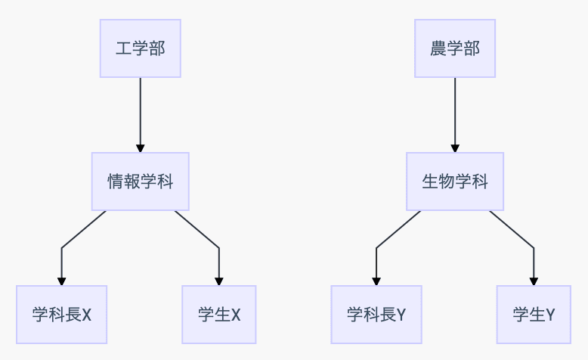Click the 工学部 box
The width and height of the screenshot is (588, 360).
point(141,48)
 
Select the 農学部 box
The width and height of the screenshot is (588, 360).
point(455,48)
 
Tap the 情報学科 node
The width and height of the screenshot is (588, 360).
point(141,182)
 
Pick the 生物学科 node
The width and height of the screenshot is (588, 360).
point(455,182)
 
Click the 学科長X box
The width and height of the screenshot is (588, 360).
point(61,315)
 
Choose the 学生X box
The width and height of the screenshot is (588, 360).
point(219,315)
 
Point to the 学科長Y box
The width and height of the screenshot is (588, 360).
point(376,315)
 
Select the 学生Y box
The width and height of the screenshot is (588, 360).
point(534,315)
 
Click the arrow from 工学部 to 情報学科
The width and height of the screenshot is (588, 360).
point(141,115)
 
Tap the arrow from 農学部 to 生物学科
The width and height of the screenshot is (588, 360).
point(455,115)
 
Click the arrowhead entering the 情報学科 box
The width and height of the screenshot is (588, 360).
point(141,148)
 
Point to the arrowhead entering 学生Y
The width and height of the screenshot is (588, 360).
point(534,281)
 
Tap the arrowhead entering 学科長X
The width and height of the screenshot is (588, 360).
point(61,281)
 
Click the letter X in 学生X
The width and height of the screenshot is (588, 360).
point(236,315)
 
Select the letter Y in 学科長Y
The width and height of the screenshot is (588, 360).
point(401,315)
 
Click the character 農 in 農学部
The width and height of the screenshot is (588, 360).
point(438,48)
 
